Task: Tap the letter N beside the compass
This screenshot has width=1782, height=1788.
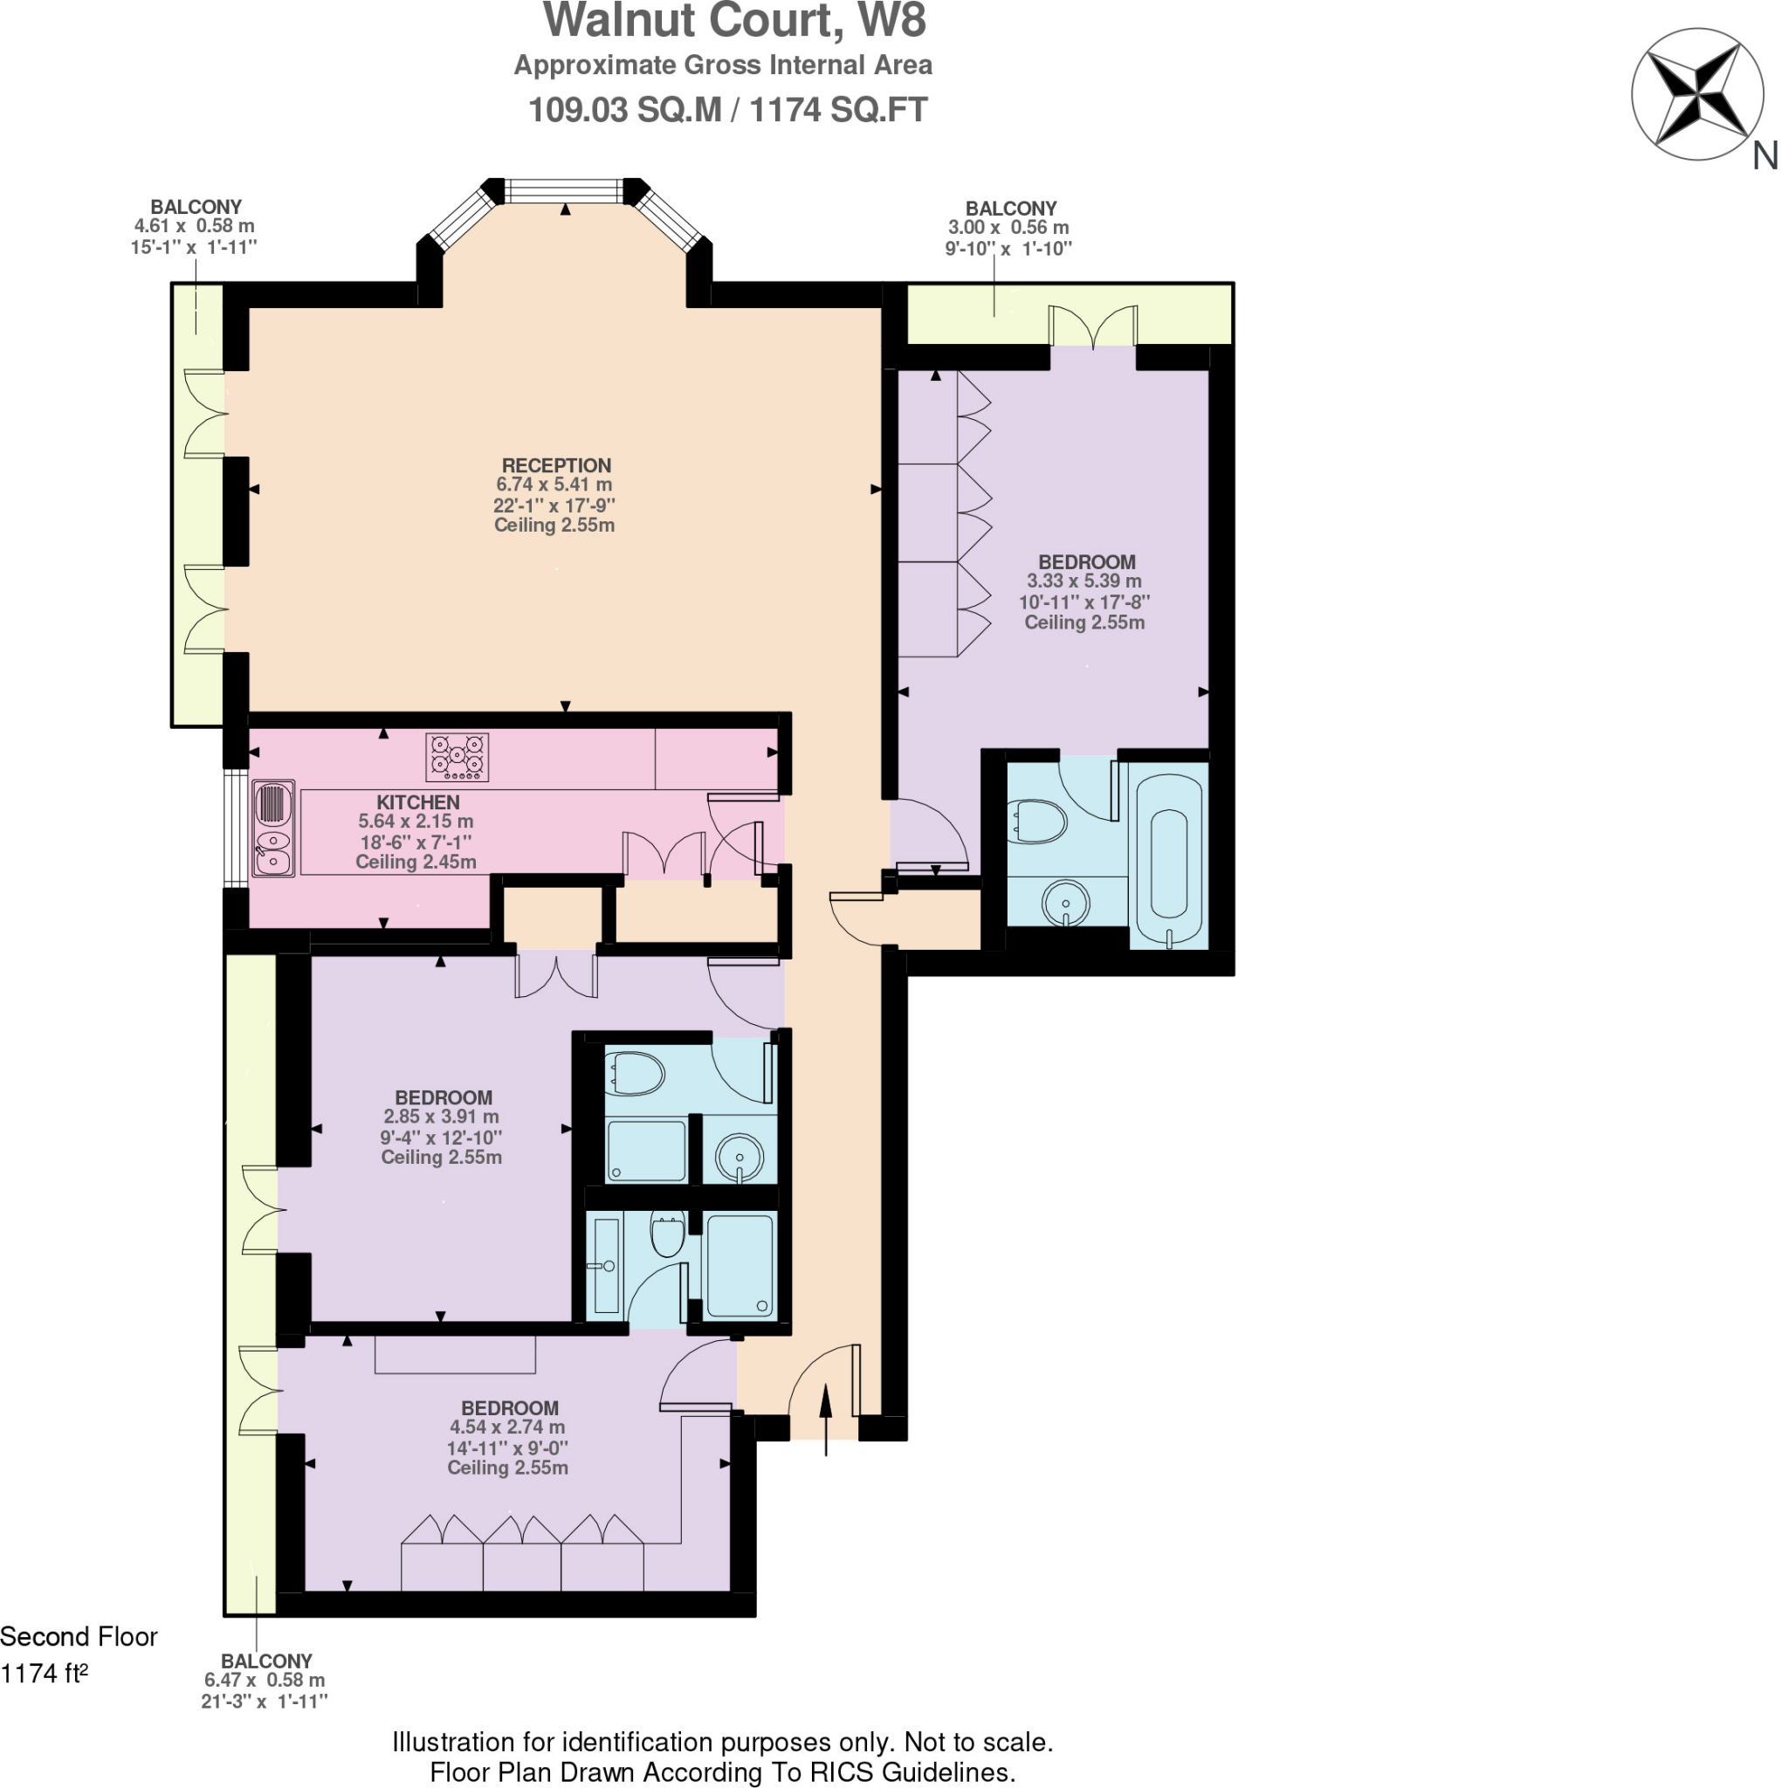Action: coord(1765,156)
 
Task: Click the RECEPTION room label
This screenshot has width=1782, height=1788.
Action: coord(555,465)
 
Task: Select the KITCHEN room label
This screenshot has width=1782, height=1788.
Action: coord(417,802)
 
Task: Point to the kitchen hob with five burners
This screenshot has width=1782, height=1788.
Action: coord(457,757)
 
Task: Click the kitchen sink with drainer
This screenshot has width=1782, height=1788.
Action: coord(273,828)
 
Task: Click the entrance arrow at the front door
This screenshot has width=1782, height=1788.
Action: coord(826,1417)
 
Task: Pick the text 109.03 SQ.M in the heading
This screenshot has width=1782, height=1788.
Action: coord(624,110)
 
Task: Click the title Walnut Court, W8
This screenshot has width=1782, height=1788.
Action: coord(734,21)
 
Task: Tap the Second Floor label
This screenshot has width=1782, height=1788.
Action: coord(79,1636)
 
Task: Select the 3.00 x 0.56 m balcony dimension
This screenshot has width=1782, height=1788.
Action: coord(1008,228)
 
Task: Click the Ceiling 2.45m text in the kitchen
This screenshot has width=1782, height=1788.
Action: coord(416,862)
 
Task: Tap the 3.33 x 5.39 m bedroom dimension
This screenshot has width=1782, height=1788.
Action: coord(1084,581)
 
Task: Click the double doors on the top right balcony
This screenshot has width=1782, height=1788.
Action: coord(1092,326)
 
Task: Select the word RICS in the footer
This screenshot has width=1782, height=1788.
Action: coord(841,1771)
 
